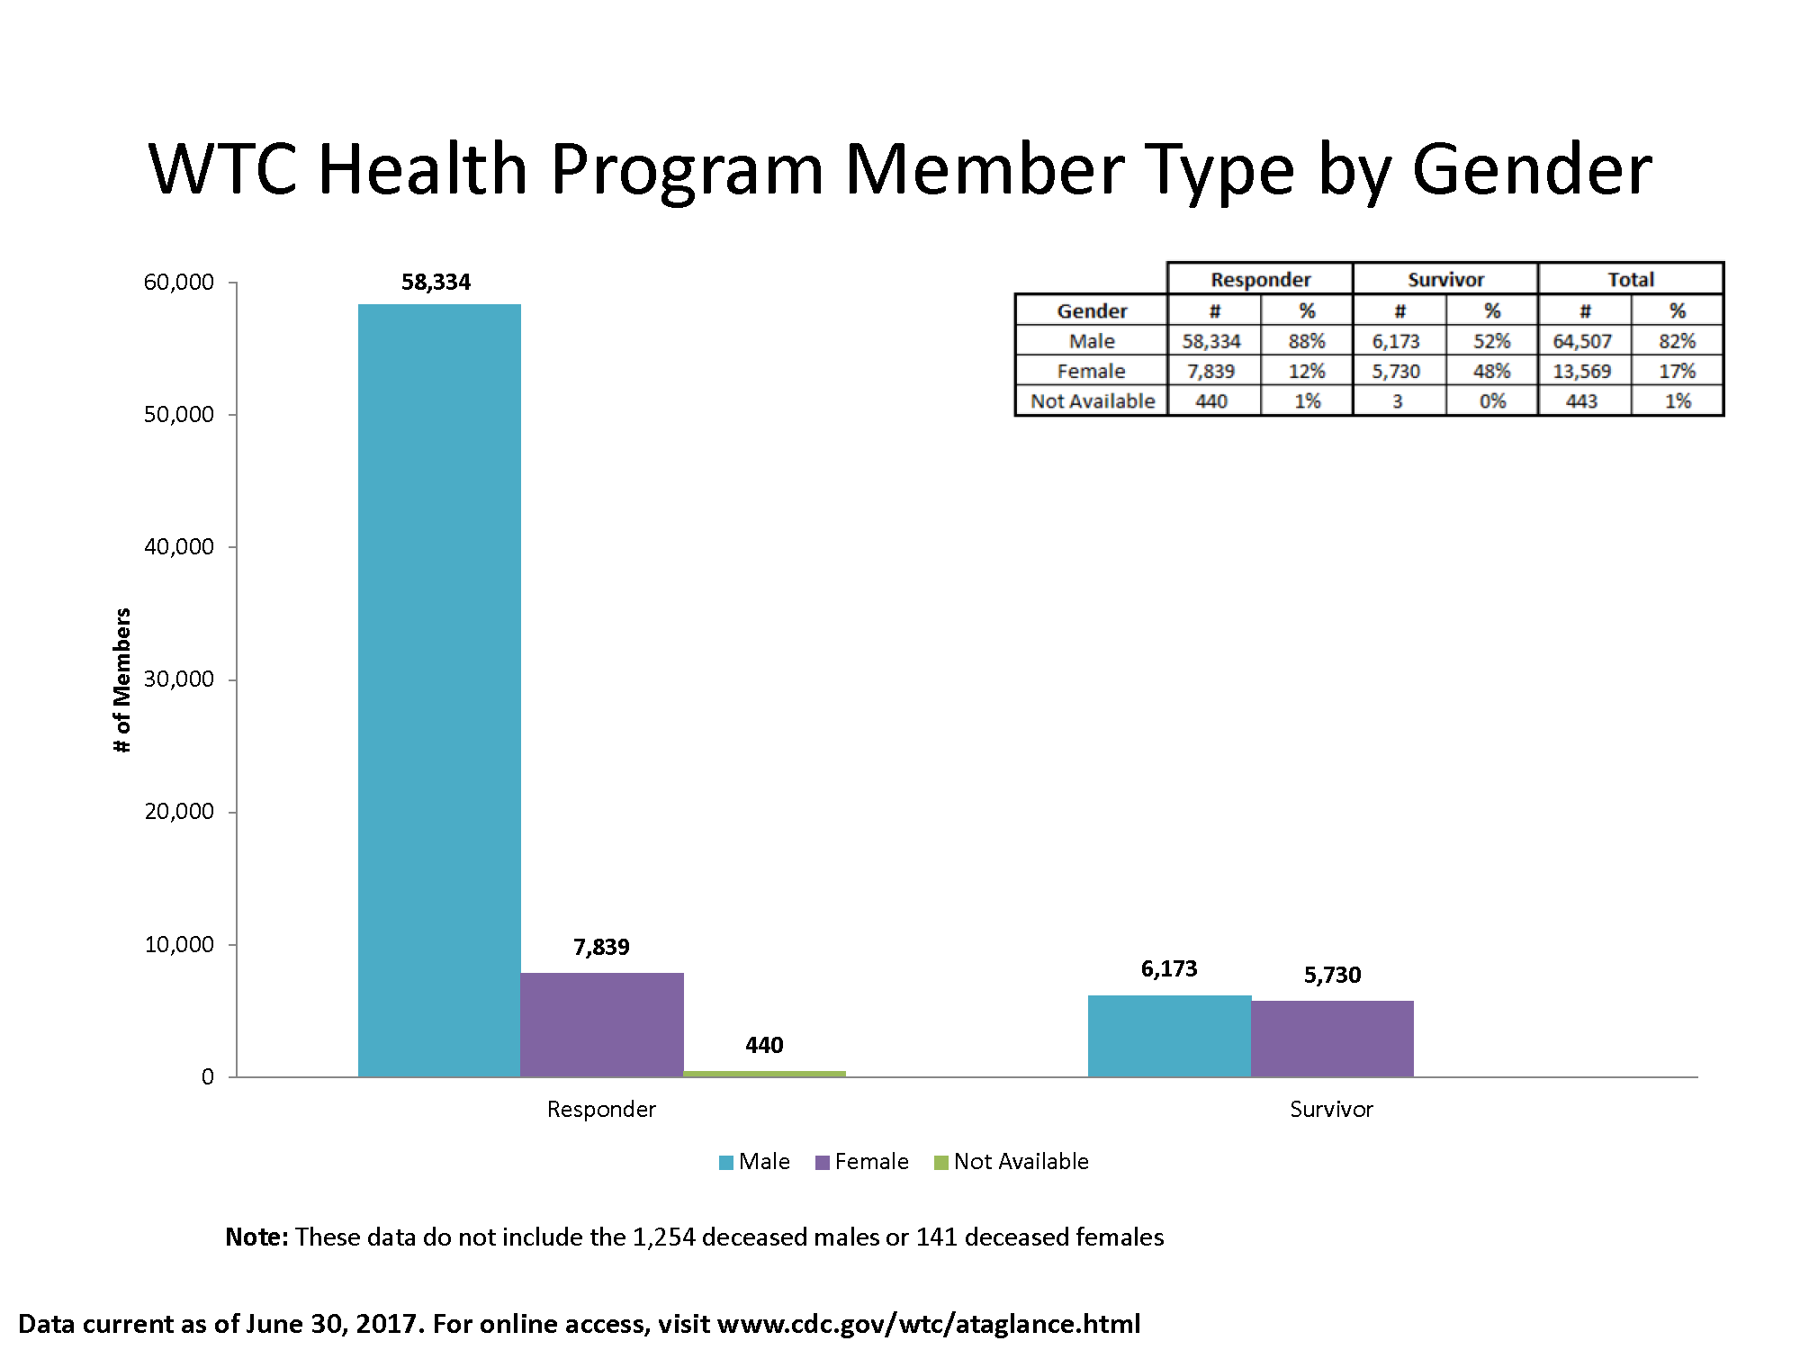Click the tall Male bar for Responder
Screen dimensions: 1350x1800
click(x=439, y=689)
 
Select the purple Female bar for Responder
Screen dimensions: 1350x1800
click(x=601, y=1024)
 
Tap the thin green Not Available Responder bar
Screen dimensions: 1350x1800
click(x=764, y=1073)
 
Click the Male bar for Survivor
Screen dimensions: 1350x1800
click(x=1169, y=1035)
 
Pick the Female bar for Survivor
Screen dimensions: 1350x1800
click(x=1332, y=1038)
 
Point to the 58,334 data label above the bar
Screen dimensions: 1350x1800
click(x=436, y=283)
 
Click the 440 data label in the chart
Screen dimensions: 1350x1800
click(x=764, y=1045)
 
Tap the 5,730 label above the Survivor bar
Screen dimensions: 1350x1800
click(x=1332, y=975)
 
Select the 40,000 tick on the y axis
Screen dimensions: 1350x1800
click(x=179, y=546)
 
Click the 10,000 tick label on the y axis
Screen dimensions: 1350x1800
click(x=179, y=944)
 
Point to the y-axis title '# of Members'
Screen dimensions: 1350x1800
click(x=122, y=679)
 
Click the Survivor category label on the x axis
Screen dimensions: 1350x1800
click(x=1331, y=1109)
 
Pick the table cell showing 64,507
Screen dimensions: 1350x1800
click(x=1581, y=341)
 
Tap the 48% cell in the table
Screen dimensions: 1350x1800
click(x=1491, y=371)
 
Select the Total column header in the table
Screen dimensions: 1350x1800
click(x=1630, y=279)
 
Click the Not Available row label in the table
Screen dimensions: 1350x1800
click(x=1092, y=400)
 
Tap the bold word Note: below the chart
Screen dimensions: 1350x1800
click(x=256, y=1237)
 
